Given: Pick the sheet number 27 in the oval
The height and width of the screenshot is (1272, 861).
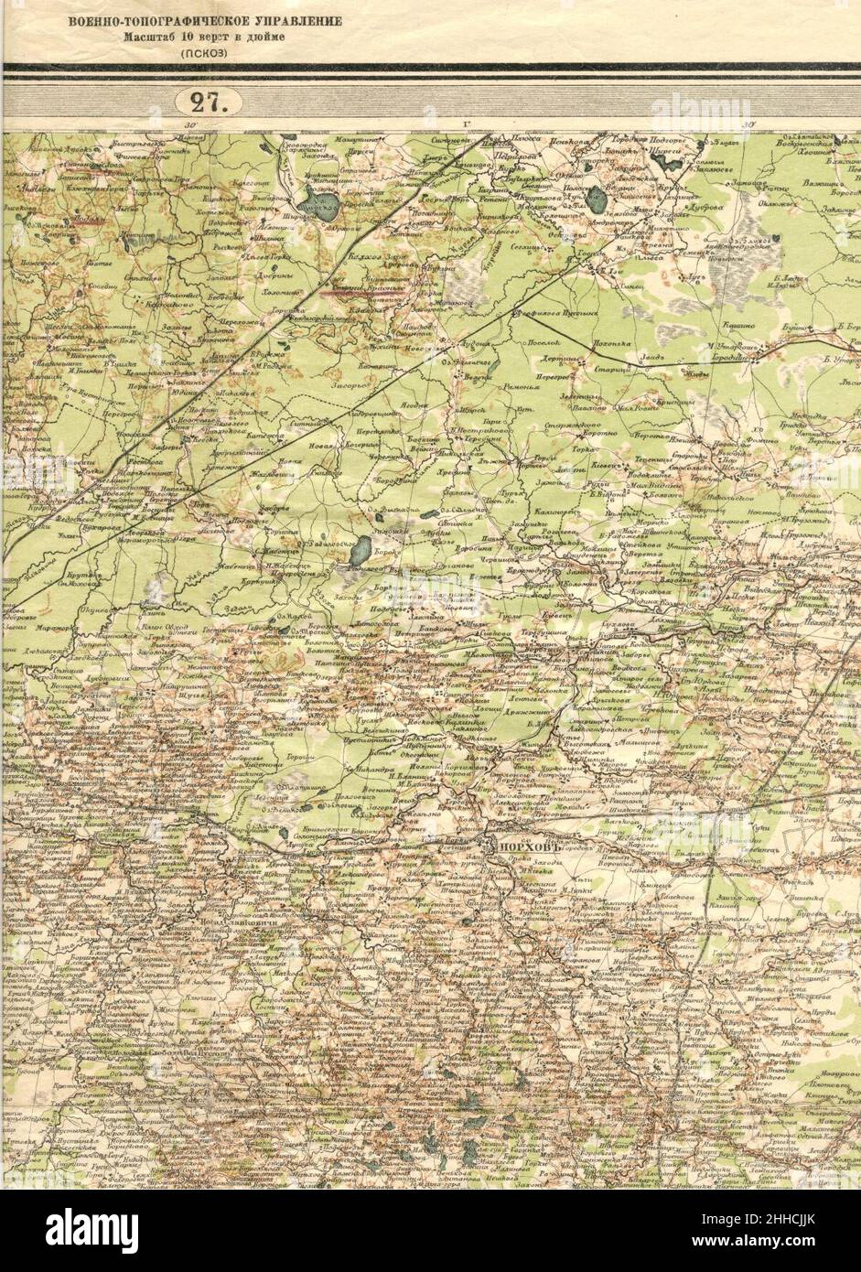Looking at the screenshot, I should coord(209,102).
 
